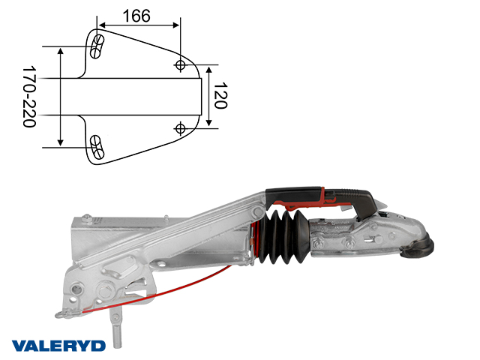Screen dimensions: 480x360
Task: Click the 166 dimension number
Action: click(136, 16)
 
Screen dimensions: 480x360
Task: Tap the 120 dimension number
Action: click(220, 95)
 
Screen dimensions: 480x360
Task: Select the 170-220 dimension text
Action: click(30, 97)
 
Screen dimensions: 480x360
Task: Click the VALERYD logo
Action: click(58, 346)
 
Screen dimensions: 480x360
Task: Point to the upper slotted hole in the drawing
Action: click(97, 46)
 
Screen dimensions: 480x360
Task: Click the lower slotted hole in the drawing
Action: click(97, 147)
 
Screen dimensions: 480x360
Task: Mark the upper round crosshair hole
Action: click(180, 65)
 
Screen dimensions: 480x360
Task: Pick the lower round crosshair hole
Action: click(180, 128)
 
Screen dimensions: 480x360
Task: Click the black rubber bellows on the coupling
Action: click(283, 237)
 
